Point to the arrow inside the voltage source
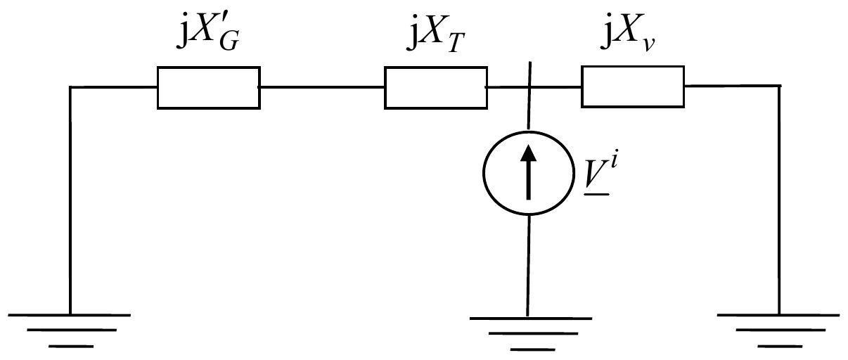pyautogui.click(x=529, y=172)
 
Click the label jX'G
pyautogui.click(x=208, y=32)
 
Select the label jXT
pyautogui.click(x=436, y=33)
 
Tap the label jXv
pyautogui.click(x=628, y=32)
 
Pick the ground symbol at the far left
pyautogui.click(x=70, y=330)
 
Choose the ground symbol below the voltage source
pyautogui.click(x=531, y=334)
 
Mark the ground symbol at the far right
pyautogui.click(x=778, y=330)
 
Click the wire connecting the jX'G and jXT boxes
pyautogui.click(x=322, y=87)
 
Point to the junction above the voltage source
pyautogui.click(x=529, y=87)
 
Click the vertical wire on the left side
pyautogui.click(x=70, y=200)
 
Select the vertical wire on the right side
pyautogui.click(x=779, y=200)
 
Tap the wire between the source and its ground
pyautogui.click(x=528, y=266)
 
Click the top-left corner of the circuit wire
pyautogui.click(x=70, y=87)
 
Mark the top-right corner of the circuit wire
pyautogui.click(x=780, y=86)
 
